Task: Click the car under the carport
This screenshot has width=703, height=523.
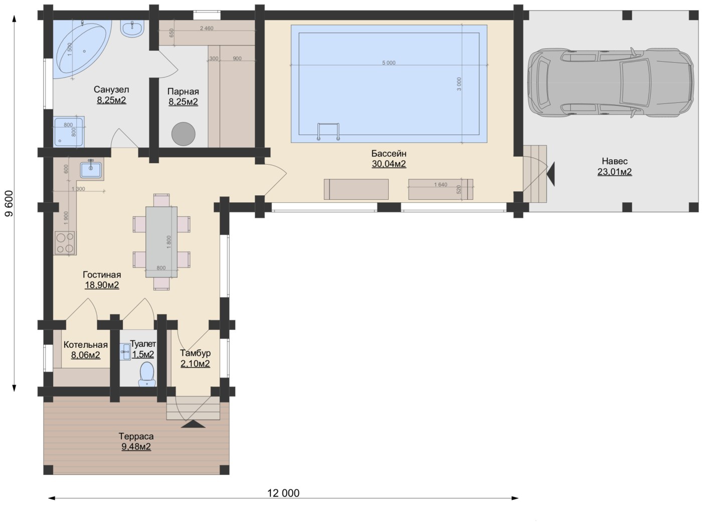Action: coord(610,82)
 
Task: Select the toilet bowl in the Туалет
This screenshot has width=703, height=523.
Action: coord(147,374)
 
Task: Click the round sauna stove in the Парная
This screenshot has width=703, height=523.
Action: coord(183,134)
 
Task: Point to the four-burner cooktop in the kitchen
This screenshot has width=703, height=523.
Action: coord(65,243)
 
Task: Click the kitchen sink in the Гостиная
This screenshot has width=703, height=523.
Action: coord(91,169)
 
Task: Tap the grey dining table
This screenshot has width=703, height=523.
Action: coord(161,242)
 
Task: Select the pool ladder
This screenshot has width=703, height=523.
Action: coord(328,132)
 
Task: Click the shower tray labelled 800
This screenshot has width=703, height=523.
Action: coord(69,132)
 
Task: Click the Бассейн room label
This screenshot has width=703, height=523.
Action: coord(389,154)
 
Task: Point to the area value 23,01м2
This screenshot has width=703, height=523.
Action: coord(615,172)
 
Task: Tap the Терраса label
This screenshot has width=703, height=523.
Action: coord(136,436)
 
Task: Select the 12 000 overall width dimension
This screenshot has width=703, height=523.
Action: coord(283,498)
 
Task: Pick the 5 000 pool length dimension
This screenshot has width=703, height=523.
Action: coord(389,65)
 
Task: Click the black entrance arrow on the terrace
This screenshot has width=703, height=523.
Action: coord(193,424)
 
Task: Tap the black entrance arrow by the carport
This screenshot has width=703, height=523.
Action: coord(551,174)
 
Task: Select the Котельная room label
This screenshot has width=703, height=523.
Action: coord(86,345)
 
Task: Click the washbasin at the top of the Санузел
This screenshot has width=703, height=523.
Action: coord(132,29)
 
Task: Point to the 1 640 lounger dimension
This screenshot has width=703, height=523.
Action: coord(441,185)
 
